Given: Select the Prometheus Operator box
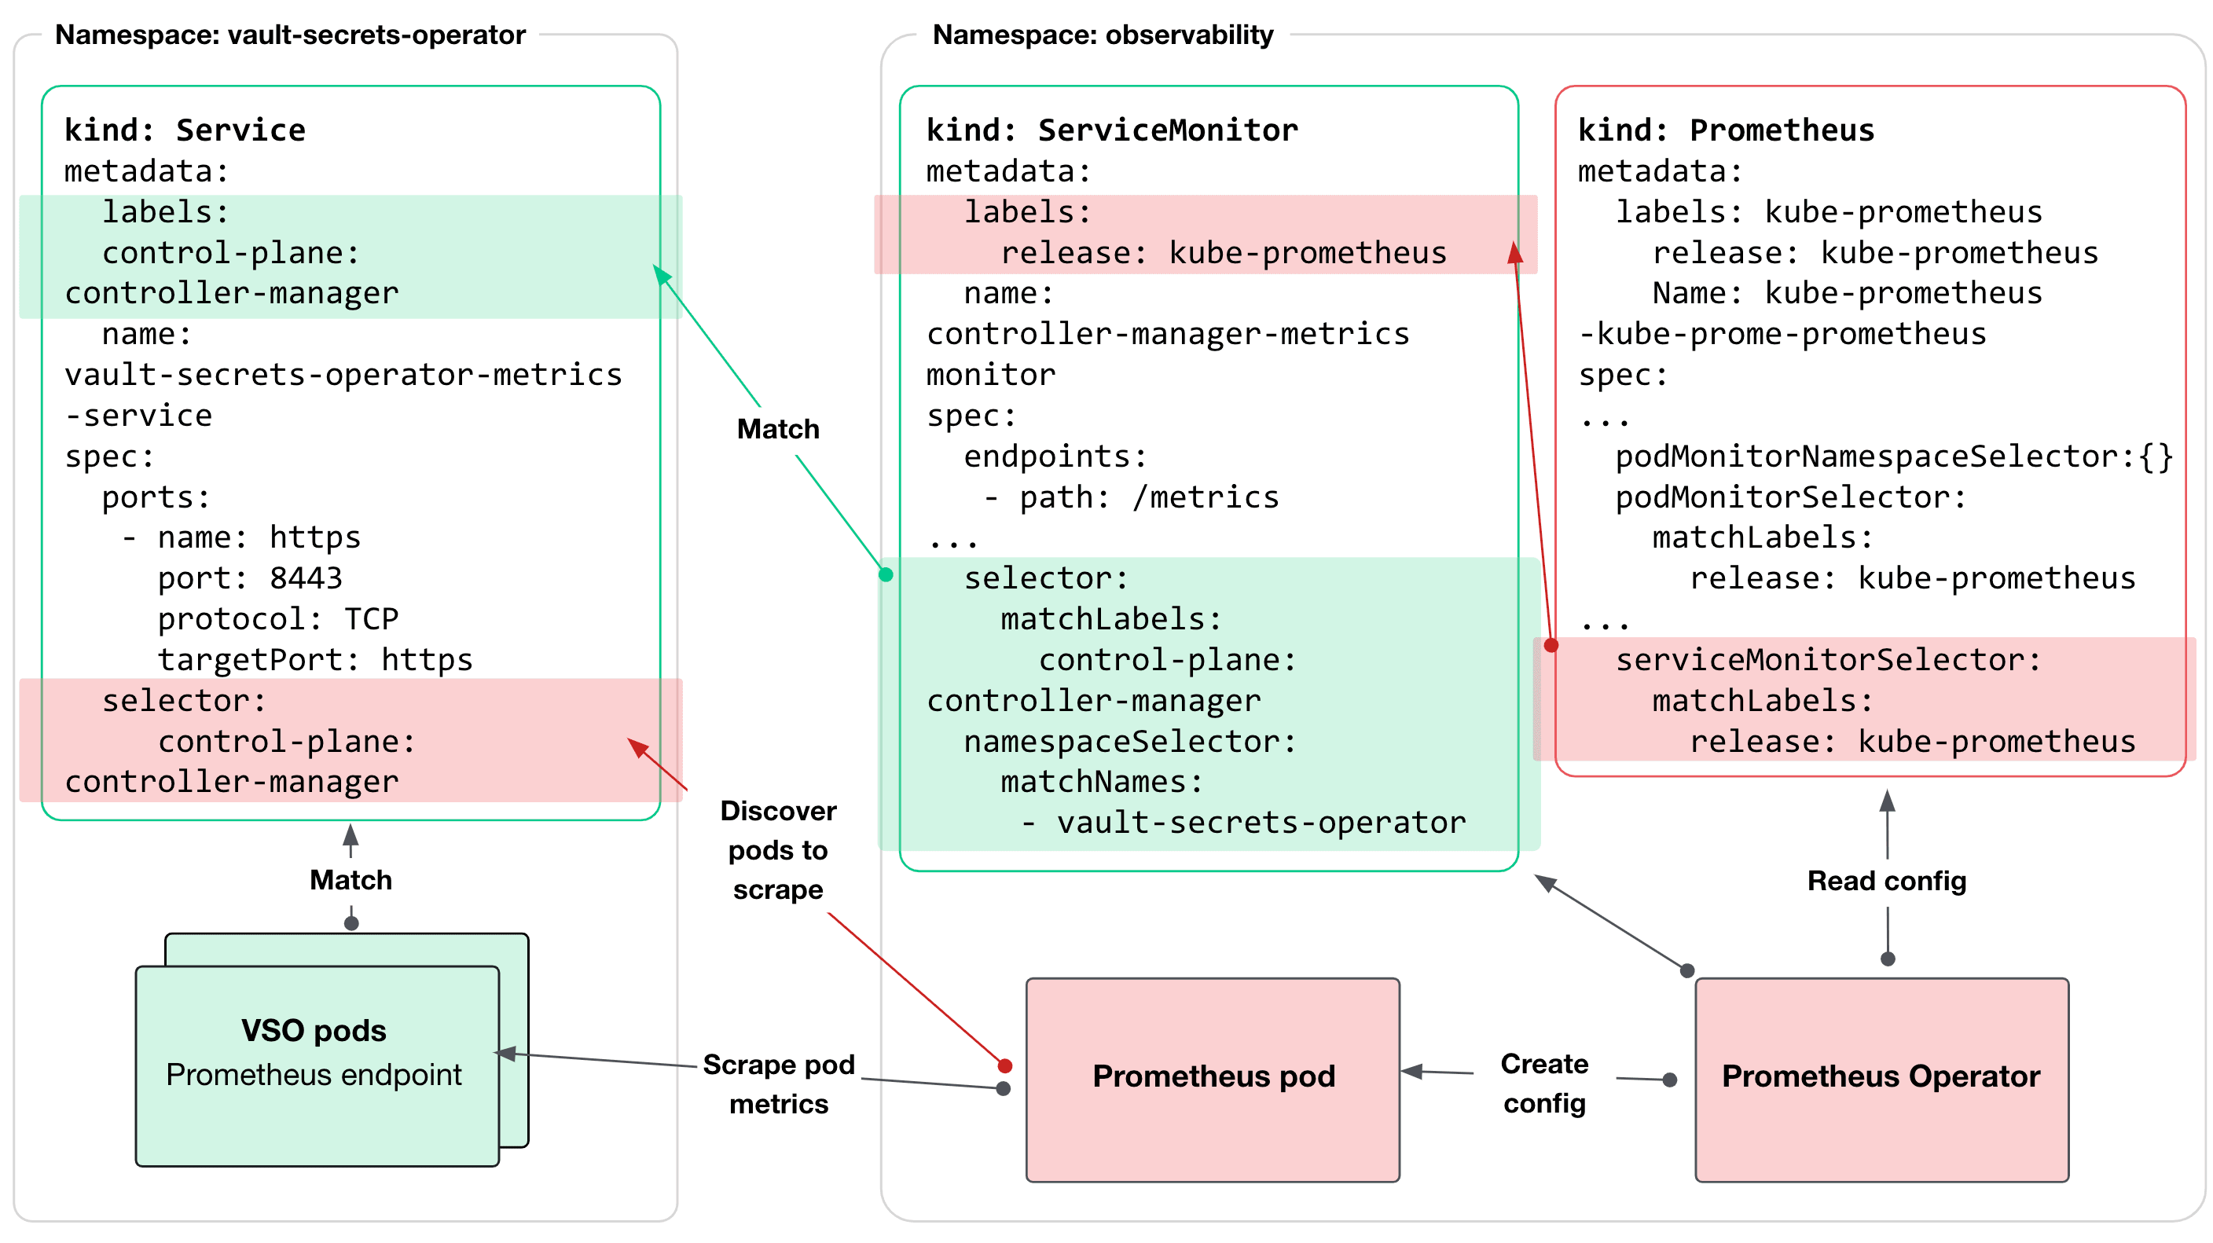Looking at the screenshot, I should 1881,1079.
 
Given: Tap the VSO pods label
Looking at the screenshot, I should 314,1030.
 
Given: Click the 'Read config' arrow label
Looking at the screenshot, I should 1886,881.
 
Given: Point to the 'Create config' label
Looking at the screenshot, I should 1543,1083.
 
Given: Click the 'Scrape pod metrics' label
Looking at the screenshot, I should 778,1083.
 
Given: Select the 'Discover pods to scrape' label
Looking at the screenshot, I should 777,849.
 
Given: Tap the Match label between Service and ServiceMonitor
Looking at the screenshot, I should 777,429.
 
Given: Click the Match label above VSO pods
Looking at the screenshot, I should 350,880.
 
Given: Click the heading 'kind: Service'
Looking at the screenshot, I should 185,130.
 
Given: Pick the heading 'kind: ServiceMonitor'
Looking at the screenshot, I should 1112,130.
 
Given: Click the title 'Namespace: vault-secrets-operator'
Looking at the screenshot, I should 290,35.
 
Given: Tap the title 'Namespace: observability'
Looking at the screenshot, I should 1103,35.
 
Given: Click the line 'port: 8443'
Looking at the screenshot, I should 249,578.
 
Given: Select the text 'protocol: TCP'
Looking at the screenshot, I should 277,618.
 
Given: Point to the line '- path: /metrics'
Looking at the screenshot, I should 1131,497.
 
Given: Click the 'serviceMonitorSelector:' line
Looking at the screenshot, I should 1827,660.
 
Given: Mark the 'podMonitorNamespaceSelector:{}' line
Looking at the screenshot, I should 1893,456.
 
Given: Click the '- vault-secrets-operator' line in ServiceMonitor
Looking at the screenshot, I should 1243,823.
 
